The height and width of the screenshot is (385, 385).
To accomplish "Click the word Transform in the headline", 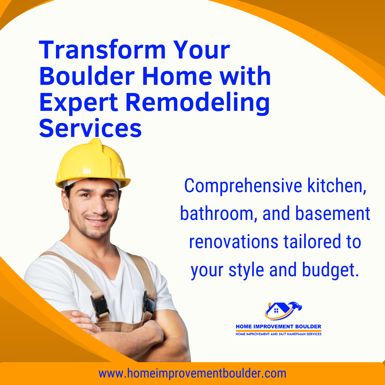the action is (x=102, y=50).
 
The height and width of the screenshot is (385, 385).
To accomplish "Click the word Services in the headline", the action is (x=90, y=128).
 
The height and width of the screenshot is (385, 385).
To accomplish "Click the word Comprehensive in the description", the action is (x=243, y=186).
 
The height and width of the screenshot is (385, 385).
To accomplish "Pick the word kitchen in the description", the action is (x=337, y=186).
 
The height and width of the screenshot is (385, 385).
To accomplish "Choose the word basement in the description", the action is (x=333, y=214).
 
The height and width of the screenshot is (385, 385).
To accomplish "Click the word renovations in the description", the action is (x=233, y=242).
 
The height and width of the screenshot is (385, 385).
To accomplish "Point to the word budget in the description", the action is (x=330, y=270).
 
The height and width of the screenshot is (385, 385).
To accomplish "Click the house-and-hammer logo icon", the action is (x=283, y=310).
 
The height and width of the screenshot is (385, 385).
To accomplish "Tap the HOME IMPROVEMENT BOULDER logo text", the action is (x=278, y=327).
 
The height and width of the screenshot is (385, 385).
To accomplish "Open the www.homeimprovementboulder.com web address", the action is (x=192, y=374).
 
